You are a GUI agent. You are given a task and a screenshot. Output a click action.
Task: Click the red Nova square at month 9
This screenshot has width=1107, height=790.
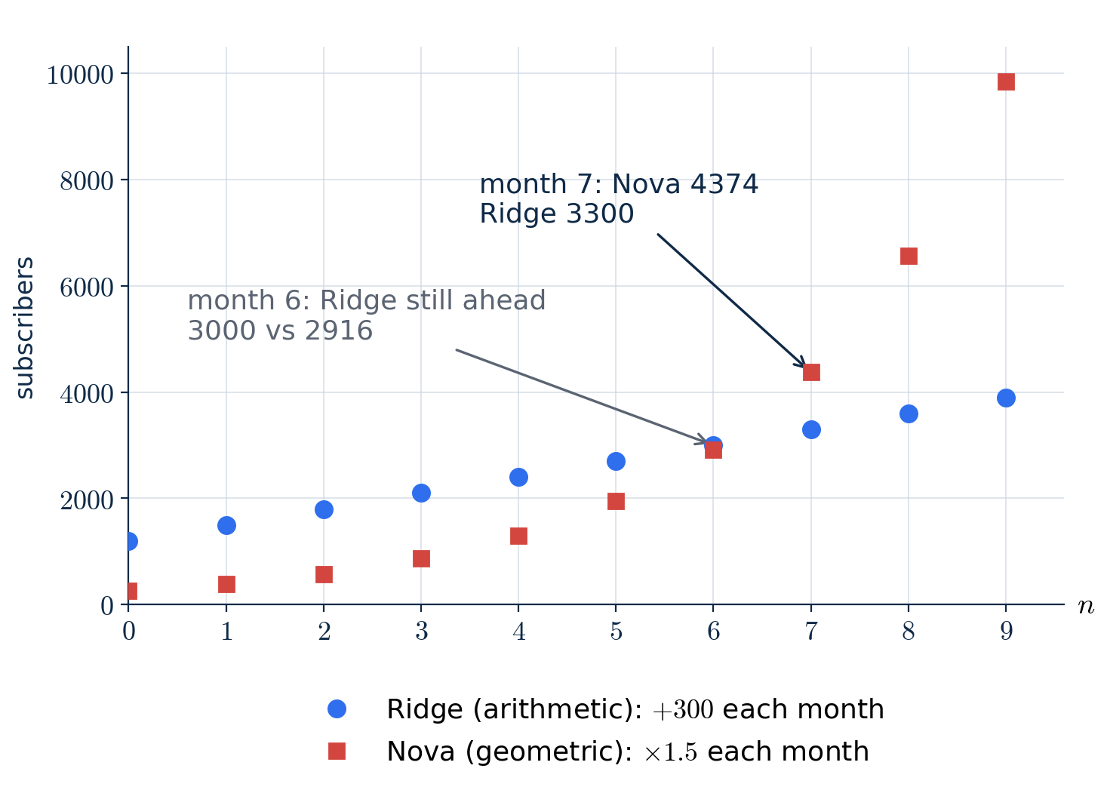(x=1006, y=82)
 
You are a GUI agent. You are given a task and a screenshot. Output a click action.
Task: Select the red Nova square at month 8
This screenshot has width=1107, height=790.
(x=909, y=257)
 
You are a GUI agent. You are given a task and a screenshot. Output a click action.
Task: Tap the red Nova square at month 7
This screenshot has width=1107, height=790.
(x=811, y=373)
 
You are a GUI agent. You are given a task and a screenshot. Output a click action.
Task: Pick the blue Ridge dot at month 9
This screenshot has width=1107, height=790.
(x=1006, y=398)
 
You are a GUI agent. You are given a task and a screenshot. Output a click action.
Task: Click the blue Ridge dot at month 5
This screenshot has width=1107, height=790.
(x=616, y=462)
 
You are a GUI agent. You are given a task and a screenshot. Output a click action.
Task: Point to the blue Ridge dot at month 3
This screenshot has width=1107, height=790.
(x=421, y=493)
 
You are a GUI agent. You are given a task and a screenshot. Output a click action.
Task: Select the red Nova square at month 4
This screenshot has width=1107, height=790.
(x=518, y=536)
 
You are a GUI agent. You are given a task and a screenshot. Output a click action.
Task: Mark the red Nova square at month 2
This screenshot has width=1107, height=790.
(x=324, y=575)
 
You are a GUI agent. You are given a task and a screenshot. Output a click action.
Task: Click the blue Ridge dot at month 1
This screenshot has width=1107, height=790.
(x=226, y=526)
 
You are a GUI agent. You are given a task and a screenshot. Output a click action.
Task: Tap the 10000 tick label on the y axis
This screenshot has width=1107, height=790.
(x=80, y=75)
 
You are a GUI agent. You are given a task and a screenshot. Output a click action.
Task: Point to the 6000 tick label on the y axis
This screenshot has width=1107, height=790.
(x=87, y=287)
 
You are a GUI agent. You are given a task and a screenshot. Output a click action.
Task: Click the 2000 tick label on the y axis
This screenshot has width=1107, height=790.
(x=87, y=500)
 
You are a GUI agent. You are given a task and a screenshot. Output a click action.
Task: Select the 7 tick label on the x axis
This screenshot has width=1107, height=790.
(x=811, y=632)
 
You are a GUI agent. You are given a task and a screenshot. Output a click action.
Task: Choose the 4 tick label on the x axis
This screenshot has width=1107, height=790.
(x=519, y=632)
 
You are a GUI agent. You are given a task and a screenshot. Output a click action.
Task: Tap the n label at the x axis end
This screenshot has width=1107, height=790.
(x=1086, y=606)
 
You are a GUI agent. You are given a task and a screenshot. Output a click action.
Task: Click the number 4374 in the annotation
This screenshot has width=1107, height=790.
(x=724, y=184)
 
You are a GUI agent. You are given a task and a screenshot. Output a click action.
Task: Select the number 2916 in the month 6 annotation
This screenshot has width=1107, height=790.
(x=339, y=330)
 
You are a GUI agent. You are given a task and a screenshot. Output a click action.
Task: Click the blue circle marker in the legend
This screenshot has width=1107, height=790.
(x=337, y=709)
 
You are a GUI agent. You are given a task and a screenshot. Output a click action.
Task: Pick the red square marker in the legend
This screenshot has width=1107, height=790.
(x=337, y=752)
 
